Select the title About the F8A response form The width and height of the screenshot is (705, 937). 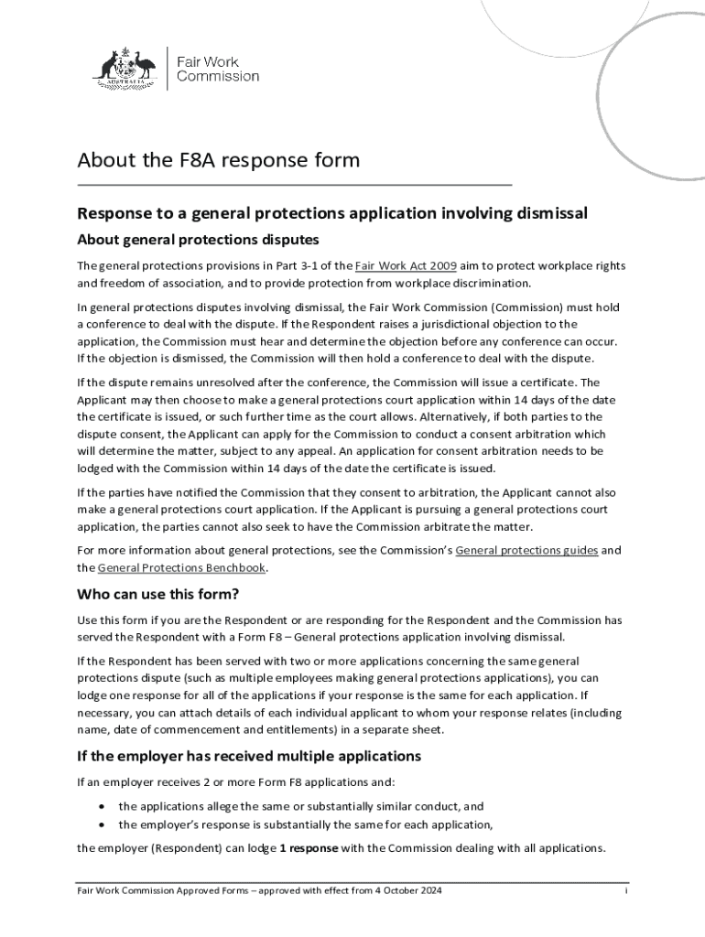point(218,161)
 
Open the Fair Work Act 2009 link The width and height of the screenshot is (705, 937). point(406,265)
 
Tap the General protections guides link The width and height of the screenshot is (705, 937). point(526,550)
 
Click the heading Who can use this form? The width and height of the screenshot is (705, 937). point(158,594)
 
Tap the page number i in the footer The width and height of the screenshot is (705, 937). point(625,890)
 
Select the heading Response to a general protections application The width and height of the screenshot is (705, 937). point(331,214)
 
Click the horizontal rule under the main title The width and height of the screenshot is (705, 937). point(293,185)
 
